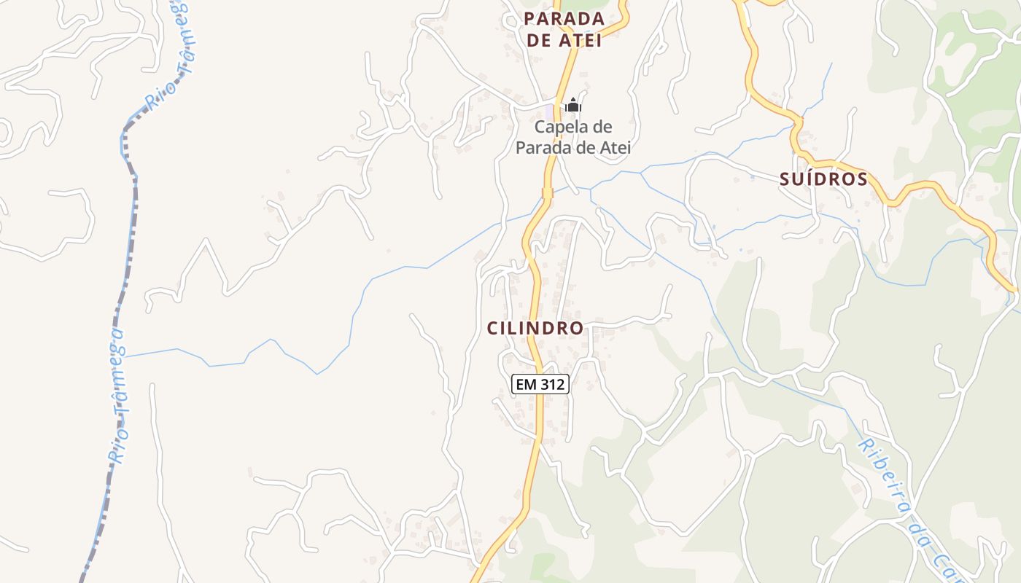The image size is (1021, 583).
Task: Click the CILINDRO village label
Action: tap(535, 328)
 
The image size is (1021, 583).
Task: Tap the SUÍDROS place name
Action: tap(823, 179)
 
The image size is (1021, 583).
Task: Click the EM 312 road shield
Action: tap(540, 384)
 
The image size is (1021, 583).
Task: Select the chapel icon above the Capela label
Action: tap(573, 106)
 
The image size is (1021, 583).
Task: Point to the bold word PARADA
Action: tap(564, 19)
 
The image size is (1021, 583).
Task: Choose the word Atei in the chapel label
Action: tap(613, 148)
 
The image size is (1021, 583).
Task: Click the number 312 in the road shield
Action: tap(551, 384)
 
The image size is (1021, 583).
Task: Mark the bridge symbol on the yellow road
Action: tap(547, 193)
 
